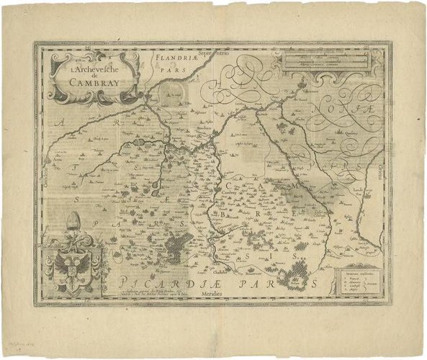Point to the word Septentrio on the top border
[214, 53]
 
